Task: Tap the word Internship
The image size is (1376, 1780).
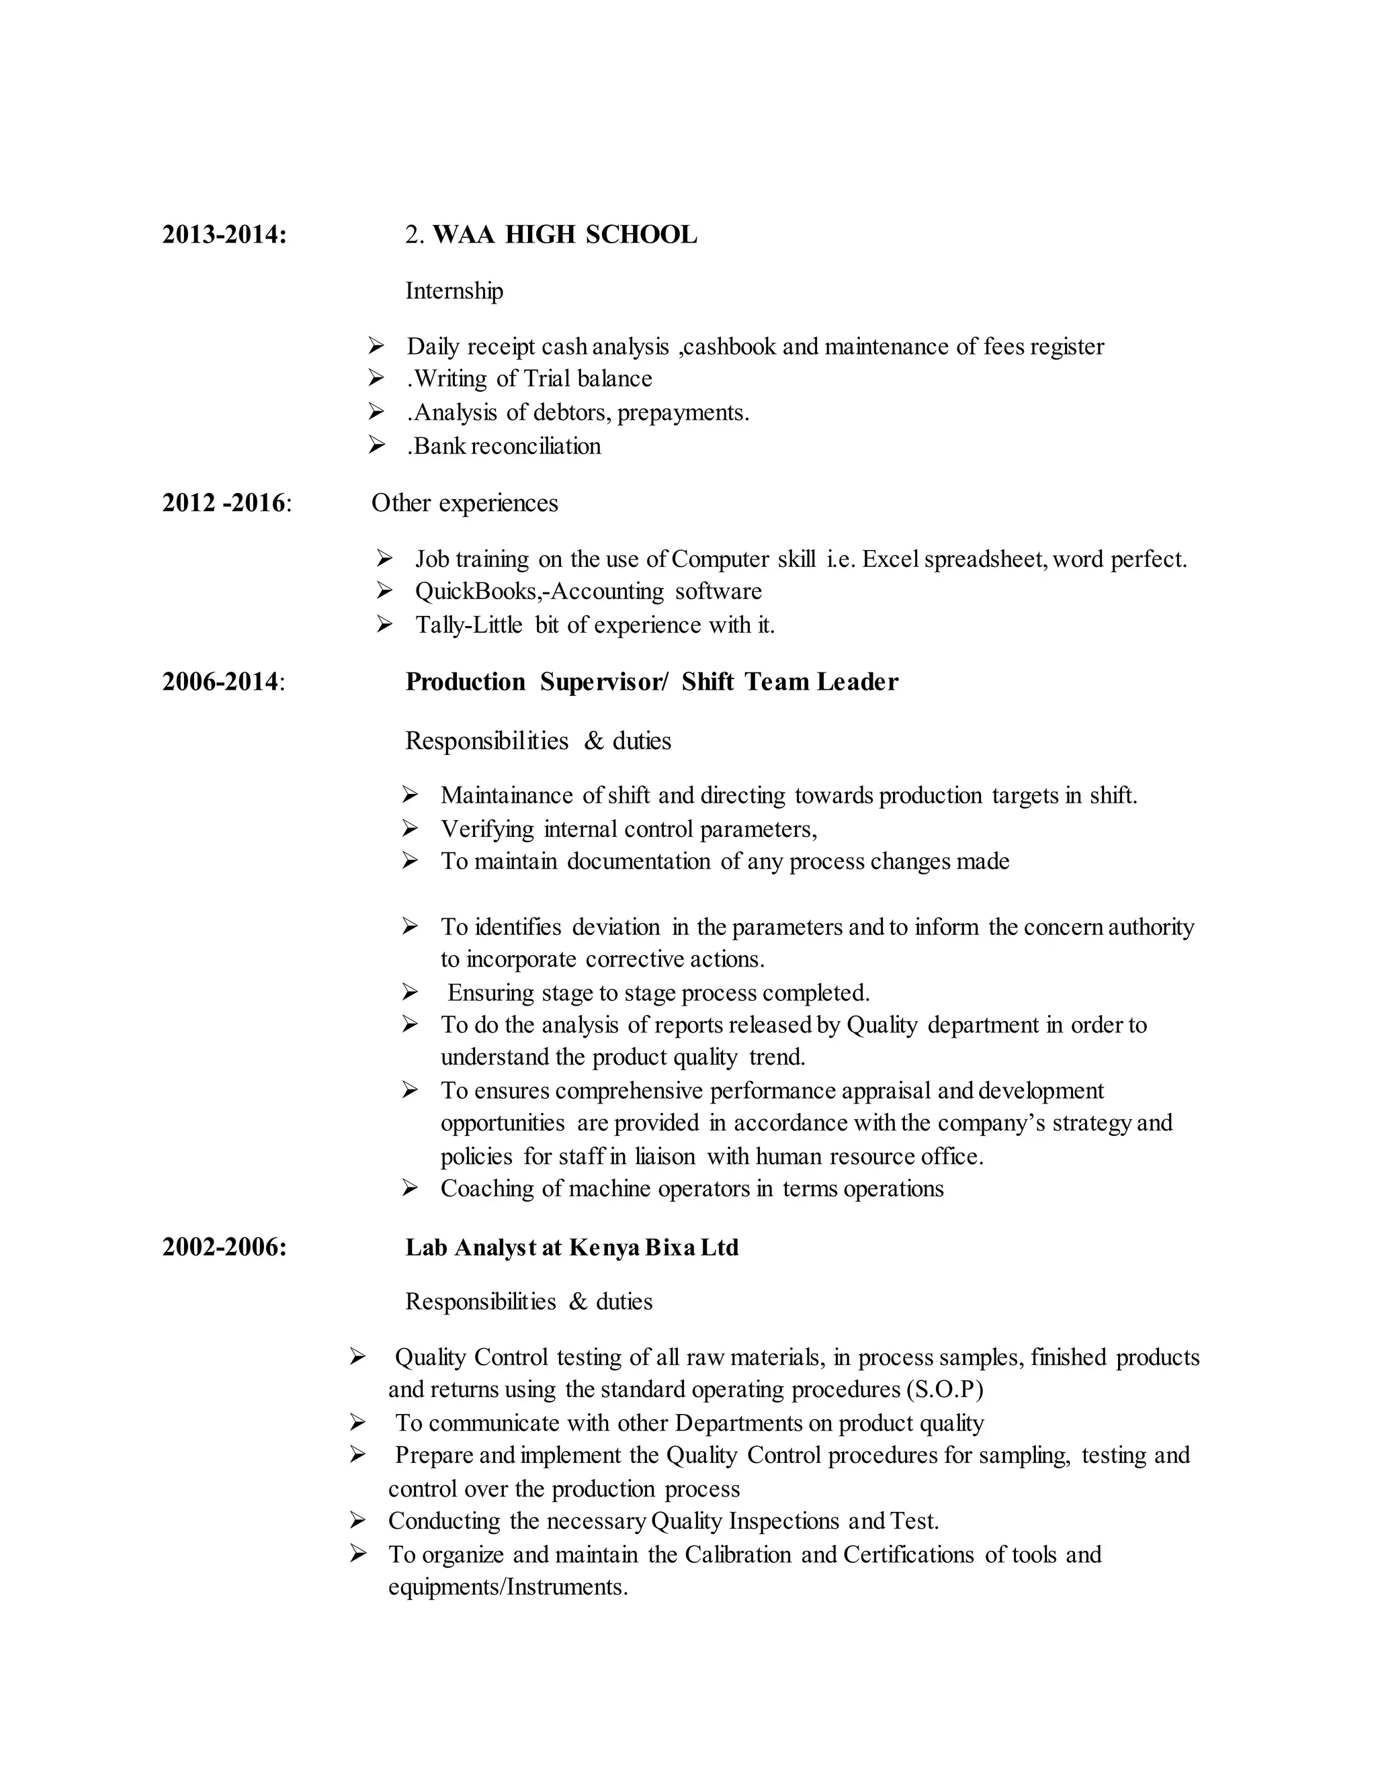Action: tap(454, 291)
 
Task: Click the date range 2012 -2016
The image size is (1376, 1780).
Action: tap(224, 503)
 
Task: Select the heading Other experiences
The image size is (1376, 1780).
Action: tap(465, 503)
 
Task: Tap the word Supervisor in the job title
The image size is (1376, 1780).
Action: tap(604, 681)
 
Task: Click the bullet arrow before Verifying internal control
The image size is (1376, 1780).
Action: tap(410, 828)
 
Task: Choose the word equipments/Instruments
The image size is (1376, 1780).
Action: tap(508, 1587)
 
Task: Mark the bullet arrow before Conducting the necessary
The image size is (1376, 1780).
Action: tap(357, 1520)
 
